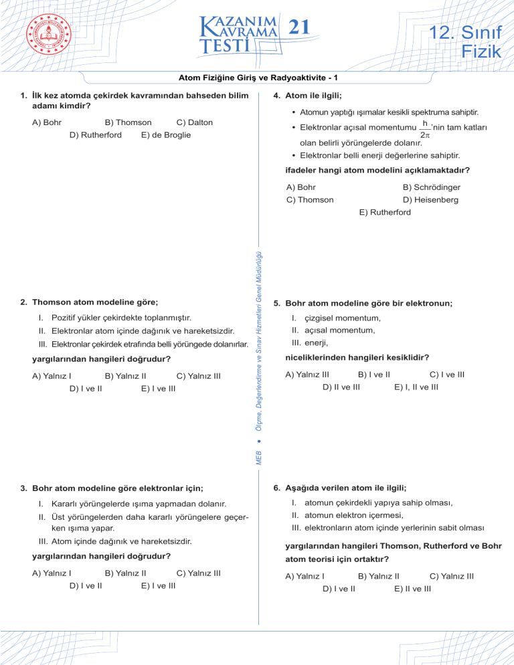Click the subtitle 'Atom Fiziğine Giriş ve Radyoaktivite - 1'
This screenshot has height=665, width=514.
pyautogui.click(x=257, y=77)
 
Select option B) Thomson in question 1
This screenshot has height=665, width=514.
pyautogui.click(x=128, y=122)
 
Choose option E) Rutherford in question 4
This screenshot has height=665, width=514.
pyautogui.click(x=385, y=212)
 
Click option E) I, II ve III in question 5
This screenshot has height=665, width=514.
pyautogui.click(x=416, y=386)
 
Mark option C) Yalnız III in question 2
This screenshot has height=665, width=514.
pyautogui.click(x=198, y=375)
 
